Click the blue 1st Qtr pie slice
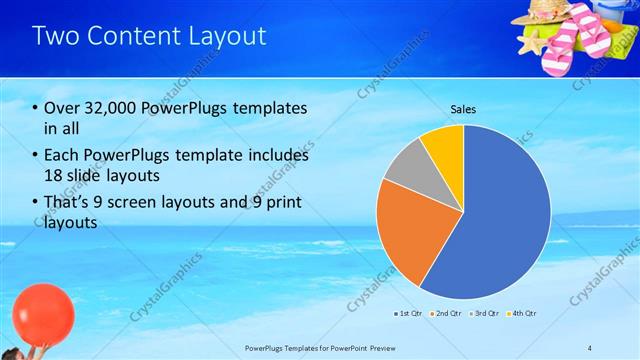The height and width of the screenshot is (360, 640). [x=500, y=210]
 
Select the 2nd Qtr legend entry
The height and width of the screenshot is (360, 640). [x=446, y=313]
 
